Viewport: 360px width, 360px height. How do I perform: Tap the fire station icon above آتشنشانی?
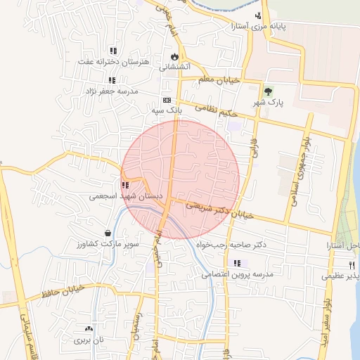pyautogui.click(x=173, y=57)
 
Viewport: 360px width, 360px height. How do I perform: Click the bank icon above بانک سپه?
pyautogui.click(x=167, y=101)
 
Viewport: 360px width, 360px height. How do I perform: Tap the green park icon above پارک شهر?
pyautogui.click(x=267, y=91)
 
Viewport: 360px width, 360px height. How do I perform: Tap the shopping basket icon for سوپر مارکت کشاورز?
pyautogui.click(x=108, y=233)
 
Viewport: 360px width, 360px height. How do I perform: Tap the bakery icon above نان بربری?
pyautogui.click(x=89, y=328)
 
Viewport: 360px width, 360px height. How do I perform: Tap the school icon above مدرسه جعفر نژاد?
pyautogui.click(x=112, y=81)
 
